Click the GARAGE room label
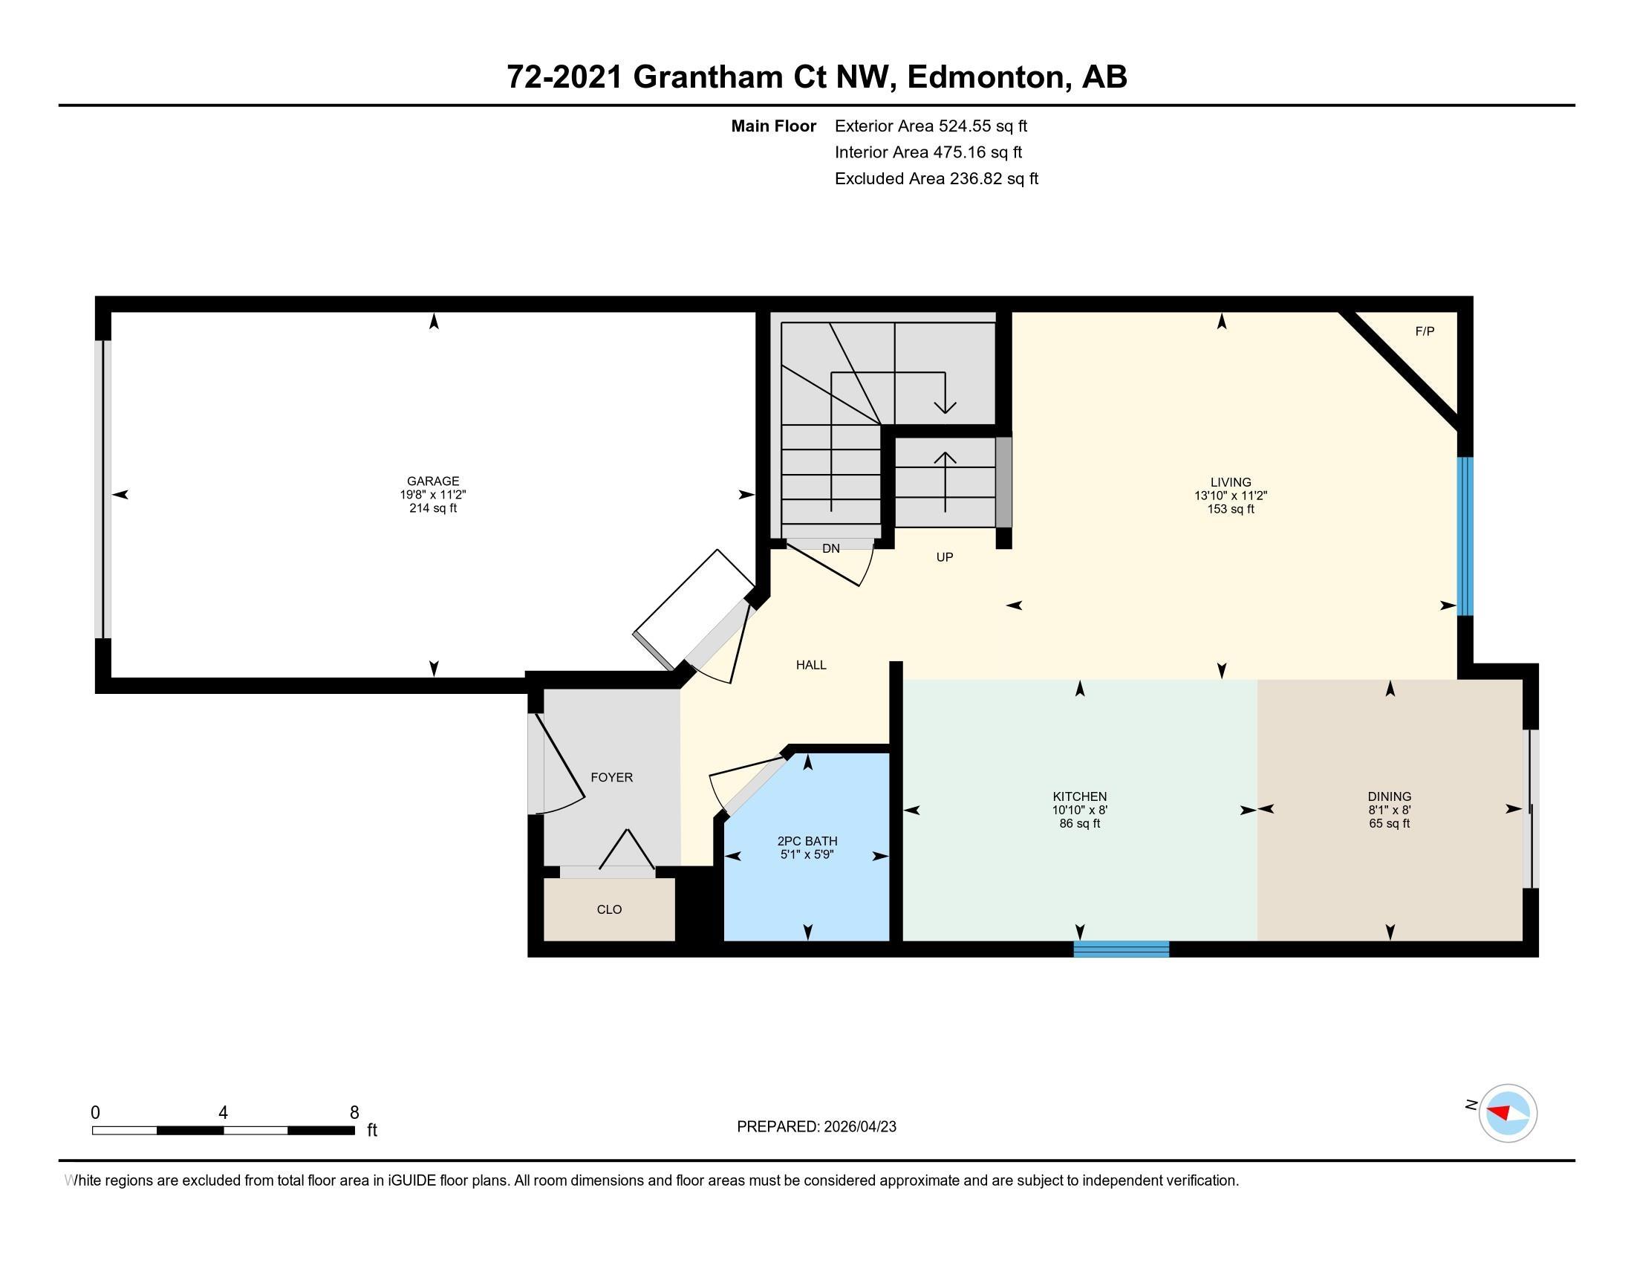pos(432,481)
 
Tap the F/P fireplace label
pos(1425,331)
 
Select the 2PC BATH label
pos(807,841)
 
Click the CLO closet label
pos(609,909)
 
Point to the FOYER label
pos(611,777)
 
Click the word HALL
pos(811,665)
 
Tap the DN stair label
pos(830,548)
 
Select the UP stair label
pos(944,557)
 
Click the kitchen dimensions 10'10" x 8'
pos(1079,811)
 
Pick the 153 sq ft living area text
pos(1230,510)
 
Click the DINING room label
pos(1390,797)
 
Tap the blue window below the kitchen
pos(1121,949)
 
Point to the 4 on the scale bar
pos(223,1113)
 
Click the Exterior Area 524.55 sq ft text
pos(931,126)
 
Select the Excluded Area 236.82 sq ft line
pos(936,179)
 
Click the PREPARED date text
pos(816,1127)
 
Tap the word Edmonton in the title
pos(987,77)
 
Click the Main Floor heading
pos(773,126)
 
